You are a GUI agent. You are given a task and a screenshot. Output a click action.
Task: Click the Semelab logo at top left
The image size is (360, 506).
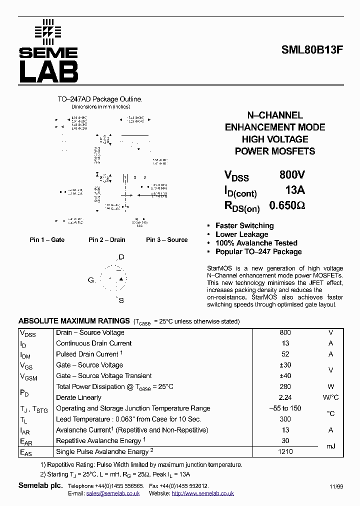click(x=48, y=51)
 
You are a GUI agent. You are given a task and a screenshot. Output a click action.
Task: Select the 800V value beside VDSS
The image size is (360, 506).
click(x=292, y=175)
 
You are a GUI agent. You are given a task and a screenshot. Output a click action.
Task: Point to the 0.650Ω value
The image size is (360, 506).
click(x=287, y=205)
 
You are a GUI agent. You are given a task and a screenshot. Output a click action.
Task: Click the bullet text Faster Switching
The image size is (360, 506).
click(x=244, y=225)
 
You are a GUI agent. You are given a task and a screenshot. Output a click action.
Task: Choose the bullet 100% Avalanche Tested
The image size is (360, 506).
click(x=256, y=243)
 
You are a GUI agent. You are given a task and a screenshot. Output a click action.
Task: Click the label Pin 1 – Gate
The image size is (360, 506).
click(x=47, y=240)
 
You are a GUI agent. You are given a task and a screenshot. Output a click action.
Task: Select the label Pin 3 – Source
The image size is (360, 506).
click(x=166, y=240)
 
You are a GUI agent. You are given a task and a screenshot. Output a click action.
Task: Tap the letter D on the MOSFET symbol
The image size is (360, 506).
click(x=121, y=257)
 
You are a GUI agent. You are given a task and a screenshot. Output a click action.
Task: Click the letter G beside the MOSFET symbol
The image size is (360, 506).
click(x=91, y=280)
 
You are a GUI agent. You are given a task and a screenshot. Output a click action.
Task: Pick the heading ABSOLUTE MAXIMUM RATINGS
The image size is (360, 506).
click(x=74, y=321)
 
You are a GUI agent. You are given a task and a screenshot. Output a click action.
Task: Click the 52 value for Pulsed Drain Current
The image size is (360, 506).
click(x=285, y=354)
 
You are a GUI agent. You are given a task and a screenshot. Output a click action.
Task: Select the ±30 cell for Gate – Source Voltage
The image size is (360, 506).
click(x=285, y=365)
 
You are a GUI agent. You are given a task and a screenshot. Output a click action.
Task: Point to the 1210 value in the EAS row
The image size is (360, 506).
click(x=285, y=451)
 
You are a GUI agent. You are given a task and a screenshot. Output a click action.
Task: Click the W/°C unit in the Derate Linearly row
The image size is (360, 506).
click(x=330, y=397)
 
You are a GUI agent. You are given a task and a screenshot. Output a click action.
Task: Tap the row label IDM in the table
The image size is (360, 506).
click(x=25, y=354)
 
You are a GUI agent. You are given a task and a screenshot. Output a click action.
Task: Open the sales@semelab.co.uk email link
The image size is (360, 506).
click(x=112, y=493)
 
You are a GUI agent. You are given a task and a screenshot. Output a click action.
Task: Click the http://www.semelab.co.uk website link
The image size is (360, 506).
click(x=202, y=493)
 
